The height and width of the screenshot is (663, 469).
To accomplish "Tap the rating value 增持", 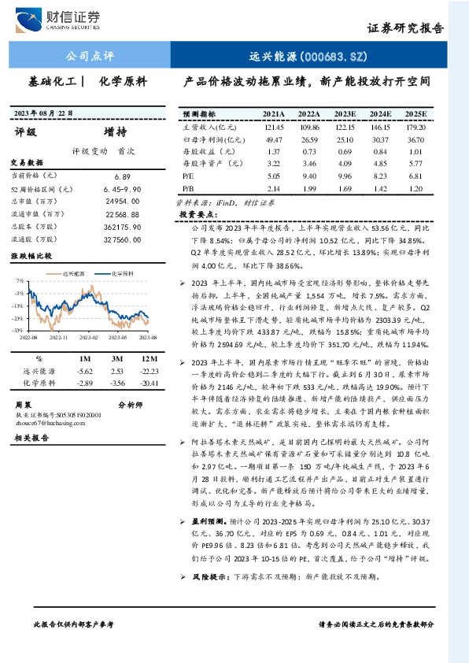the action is click(x=115, y=132).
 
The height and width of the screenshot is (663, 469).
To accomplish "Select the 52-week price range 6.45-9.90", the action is click(x=121, y=189).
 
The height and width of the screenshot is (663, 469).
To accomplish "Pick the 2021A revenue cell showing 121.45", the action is click(x=274, y=127).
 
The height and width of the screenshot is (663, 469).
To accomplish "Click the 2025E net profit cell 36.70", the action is click(x=415, y=139).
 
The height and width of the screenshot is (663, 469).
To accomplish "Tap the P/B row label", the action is click(x=188, y=190).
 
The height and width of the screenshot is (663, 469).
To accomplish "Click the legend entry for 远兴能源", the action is click(x=74, y=273).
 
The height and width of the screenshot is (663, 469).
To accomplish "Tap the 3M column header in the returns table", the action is click(x=117, y=358).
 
